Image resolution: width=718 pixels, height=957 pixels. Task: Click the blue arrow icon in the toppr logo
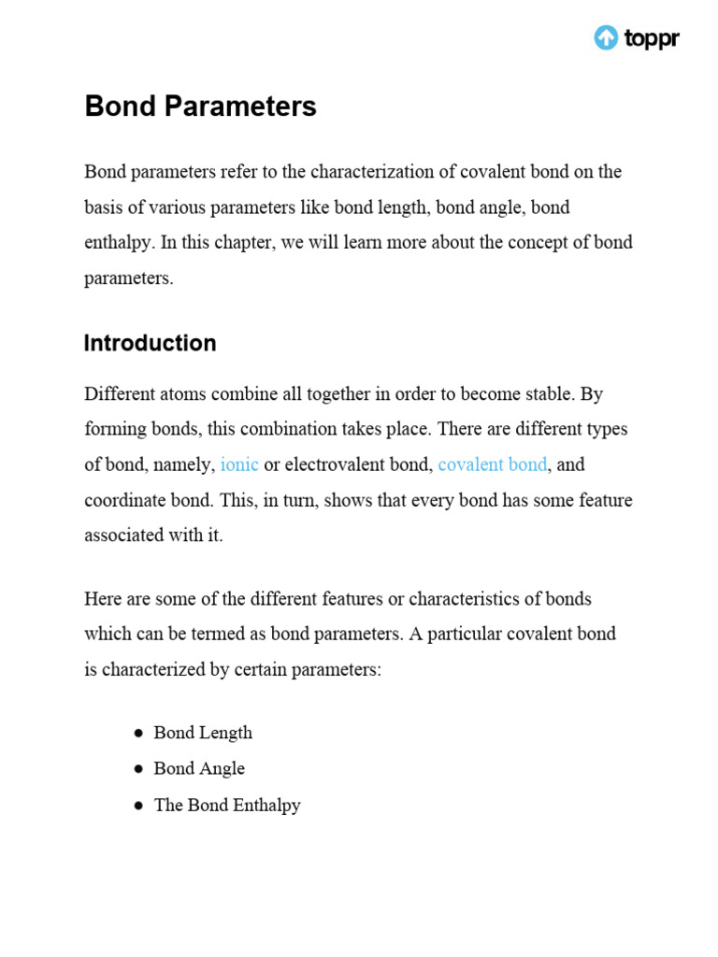(606, 37)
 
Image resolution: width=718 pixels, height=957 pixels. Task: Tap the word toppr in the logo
(651, 38)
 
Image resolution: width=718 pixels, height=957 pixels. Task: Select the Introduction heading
(151, 343)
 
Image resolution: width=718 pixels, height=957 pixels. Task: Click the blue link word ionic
(239, 464)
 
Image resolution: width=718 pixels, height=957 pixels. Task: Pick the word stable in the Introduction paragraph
(540, 393)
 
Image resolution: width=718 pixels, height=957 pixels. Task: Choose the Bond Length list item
(203, 733)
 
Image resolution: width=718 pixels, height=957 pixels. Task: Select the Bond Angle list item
(199, 768)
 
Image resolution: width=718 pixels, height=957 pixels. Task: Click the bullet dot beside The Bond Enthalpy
(137, 805)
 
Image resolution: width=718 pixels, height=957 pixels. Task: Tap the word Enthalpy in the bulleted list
(266, 805)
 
